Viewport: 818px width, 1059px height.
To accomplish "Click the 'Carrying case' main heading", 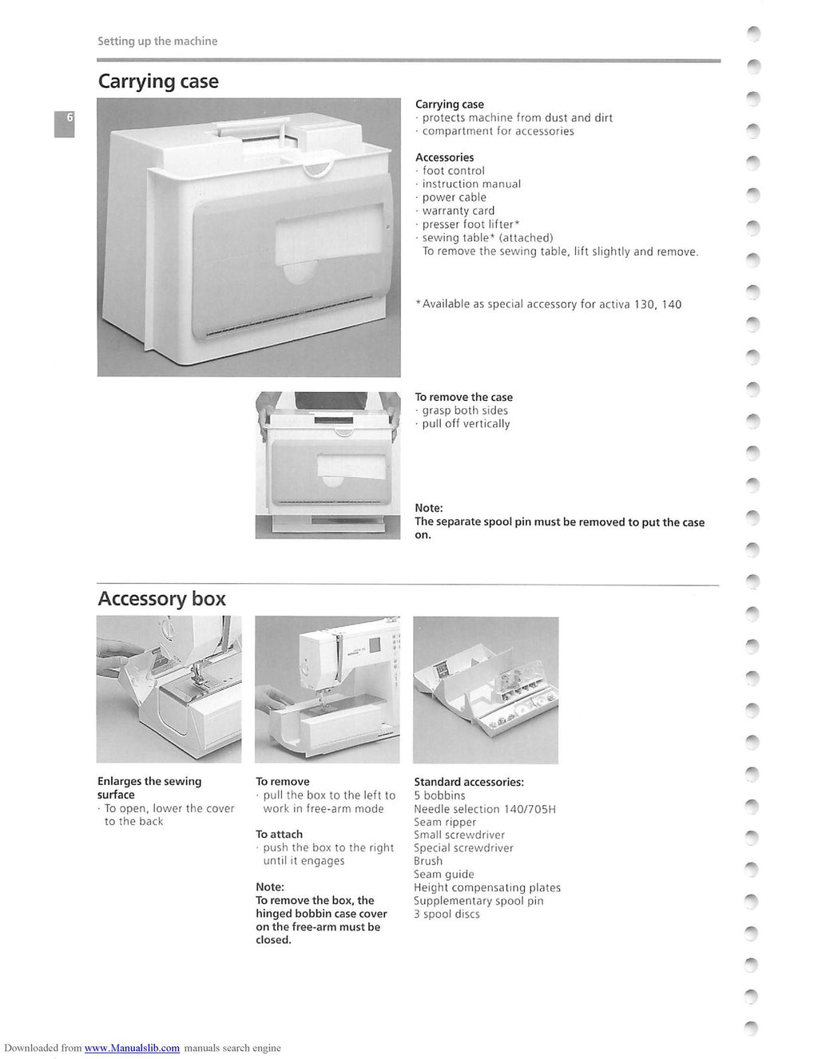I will [158, 81].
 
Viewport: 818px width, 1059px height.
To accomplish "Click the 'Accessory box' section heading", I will [161, 599].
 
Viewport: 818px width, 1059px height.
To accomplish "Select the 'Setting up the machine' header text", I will [157, 41].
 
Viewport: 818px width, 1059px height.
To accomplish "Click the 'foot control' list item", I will [453, 171].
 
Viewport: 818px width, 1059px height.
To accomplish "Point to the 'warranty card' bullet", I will [458, 211].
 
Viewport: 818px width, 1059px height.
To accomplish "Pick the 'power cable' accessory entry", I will [454, 197].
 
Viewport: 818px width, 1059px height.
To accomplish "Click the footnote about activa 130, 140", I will [549, 304].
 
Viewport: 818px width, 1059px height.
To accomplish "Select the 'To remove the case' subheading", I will [463, 397].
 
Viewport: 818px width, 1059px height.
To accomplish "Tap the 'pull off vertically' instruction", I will [465, 424].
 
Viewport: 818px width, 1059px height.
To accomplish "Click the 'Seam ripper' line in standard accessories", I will [445, 822].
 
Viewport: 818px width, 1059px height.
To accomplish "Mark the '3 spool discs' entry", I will [447, 914].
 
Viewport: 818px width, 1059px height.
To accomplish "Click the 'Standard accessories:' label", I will [469, 782].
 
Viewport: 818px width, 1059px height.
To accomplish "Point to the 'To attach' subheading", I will [279, 834].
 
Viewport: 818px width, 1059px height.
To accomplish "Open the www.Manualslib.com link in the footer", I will [132, 1048].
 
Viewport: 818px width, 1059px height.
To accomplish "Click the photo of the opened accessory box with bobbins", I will [486, 690].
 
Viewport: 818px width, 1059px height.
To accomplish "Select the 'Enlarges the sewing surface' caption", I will [149, 787].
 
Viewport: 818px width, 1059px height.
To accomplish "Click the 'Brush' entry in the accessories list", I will [428, 861].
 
